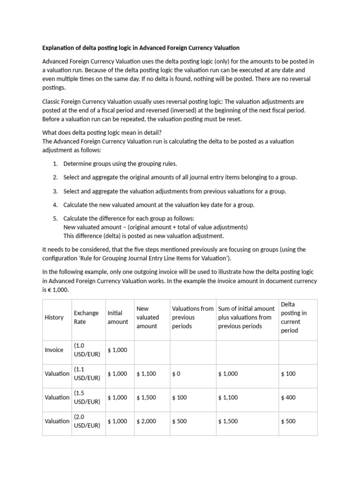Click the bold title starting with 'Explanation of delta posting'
(x=141, y=48)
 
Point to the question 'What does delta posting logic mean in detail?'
(x=102, y=132)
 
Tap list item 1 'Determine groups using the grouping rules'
(x=120, y=164)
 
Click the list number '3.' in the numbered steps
(x=55, y=191)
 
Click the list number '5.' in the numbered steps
(x=55, y=218)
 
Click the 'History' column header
(x=54, y=317)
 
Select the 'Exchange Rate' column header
(x=86, y=317)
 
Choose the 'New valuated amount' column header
(x=148, y=317)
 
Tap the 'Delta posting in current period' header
(x=293, y=317)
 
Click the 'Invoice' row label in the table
(x=54, y=350)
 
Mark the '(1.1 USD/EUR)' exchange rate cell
(x=87, y=374)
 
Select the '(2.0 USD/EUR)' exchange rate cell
(x=87, y=421)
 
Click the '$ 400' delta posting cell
(x=288, y=397)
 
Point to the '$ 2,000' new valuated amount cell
(x=146, y=421)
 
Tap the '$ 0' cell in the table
(x=176, y=374)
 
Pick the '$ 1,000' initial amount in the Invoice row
(x=117, y=350)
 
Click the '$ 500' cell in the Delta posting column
(x=288, y=421)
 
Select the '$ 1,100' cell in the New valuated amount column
(x=146, y=374)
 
